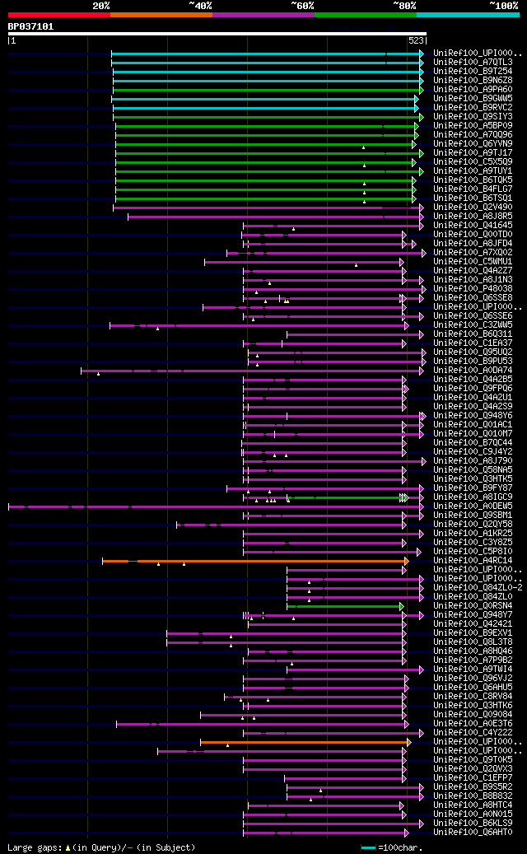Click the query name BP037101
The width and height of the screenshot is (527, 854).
pyautogui.click(x=31, y=26)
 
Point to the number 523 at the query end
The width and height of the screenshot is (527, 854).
pyautogui.click(x=416, y=40)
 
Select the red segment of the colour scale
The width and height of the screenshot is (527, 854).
pyautogui.click(x=58, y=14)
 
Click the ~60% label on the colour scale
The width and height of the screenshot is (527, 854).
pyautogui.click(x=301, y=6)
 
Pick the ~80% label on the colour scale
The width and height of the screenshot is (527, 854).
pyautogui.click(x=403, y=6)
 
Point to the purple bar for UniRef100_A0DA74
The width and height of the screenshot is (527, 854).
pyautogui.click(x=247, y=370)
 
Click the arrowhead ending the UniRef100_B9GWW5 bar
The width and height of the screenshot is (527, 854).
pyautogui.click(x=417, y=98)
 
